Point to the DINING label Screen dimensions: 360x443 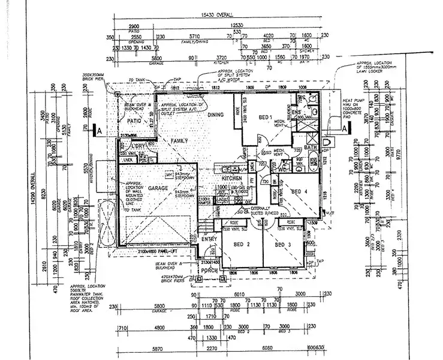(215, 115)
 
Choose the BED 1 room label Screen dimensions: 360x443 (265, 117)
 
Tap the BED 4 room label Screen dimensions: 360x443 (299, 191)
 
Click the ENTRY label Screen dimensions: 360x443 (209, 239)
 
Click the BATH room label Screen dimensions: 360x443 (310, 147)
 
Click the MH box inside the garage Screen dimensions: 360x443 (168, 175)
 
